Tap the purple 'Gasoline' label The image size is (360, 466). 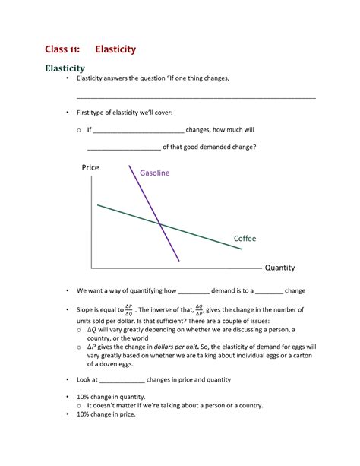(154, 173)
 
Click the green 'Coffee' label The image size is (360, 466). (245, 239)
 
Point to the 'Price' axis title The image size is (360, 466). (90, 167)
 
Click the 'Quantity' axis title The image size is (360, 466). (279, 268)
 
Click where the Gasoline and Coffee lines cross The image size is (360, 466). (160, 223)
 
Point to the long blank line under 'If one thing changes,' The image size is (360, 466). (196, 98)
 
